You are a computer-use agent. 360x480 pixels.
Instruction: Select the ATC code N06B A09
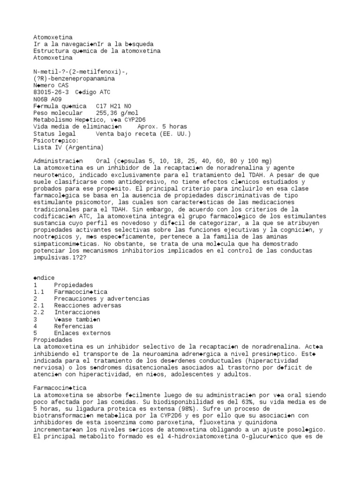pos(47,99)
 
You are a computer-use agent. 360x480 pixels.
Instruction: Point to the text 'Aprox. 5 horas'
pos(162,127)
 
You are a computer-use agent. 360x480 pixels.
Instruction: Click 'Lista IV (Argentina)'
pos(68,147)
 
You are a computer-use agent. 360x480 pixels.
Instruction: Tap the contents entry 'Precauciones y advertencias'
pos(102,299)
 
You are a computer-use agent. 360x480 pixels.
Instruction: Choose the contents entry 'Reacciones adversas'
pos(88,306)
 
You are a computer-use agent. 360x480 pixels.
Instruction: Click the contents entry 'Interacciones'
pos(77,312)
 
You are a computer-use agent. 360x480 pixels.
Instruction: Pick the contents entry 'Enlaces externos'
pos(82,333)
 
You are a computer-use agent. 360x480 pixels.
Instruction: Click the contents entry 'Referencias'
pos(74,326)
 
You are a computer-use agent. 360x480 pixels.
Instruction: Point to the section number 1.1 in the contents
pos(38,292)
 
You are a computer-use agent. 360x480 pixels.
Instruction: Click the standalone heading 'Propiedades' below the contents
pos(53,339)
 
